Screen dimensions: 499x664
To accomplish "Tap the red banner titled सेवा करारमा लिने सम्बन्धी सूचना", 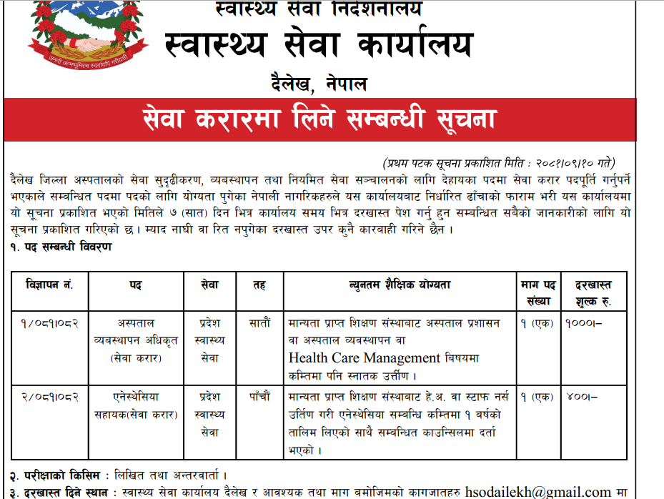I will pyautogui.click(x=319, y=119).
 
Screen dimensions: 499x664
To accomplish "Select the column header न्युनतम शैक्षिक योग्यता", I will pyautogui.click(x=400, y=285).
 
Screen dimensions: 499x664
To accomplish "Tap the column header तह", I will pyautogui.click(x=259, y=285).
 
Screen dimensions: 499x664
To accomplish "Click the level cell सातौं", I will pyautogui.click(x=259, y=323).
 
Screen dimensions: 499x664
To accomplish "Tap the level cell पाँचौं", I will pyautogui.click(x=259, y=396).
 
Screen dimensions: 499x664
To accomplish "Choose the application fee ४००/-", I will pyautogui.click(x=580, y=396).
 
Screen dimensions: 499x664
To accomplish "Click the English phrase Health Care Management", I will pyautogui.click(x=365, y=357).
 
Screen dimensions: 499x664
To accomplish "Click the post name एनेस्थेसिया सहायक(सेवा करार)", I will pyautogui.click(x=135, y=405).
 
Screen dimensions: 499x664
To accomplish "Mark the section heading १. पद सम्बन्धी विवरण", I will pyautogui.click(x=61, y=247).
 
